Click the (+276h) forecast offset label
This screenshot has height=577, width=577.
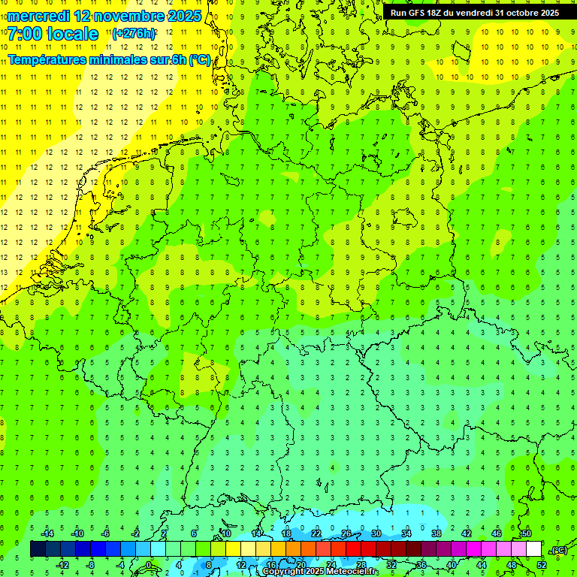point(134,34)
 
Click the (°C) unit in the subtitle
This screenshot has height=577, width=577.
point(199,60)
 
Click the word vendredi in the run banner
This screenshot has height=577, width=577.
point(475,13)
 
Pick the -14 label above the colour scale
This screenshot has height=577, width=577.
point(47,533)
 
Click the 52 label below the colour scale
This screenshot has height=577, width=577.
point(541,565)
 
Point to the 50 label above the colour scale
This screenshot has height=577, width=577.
point(526,533)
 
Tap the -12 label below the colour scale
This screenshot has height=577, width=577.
point(62,565)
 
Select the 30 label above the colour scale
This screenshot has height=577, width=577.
point(376,533)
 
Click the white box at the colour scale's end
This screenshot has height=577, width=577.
point(533,549)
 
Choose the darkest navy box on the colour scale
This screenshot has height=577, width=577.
point(38,549)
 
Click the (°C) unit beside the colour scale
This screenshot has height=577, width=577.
point(558,550)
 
